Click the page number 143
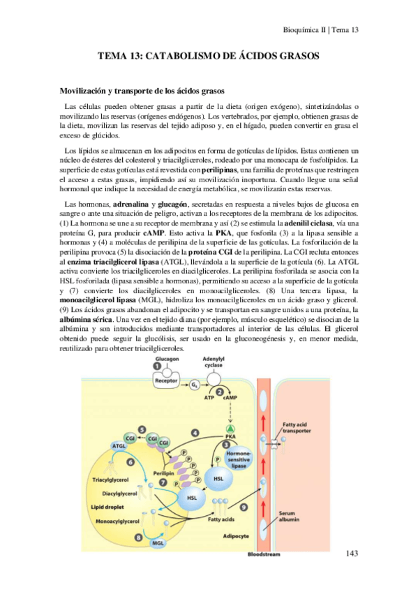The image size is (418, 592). [351, 554]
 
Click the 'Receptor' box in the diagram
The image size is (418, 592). [166, 382]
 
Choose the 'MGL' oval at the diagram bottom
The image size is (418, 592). [158, 541]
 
